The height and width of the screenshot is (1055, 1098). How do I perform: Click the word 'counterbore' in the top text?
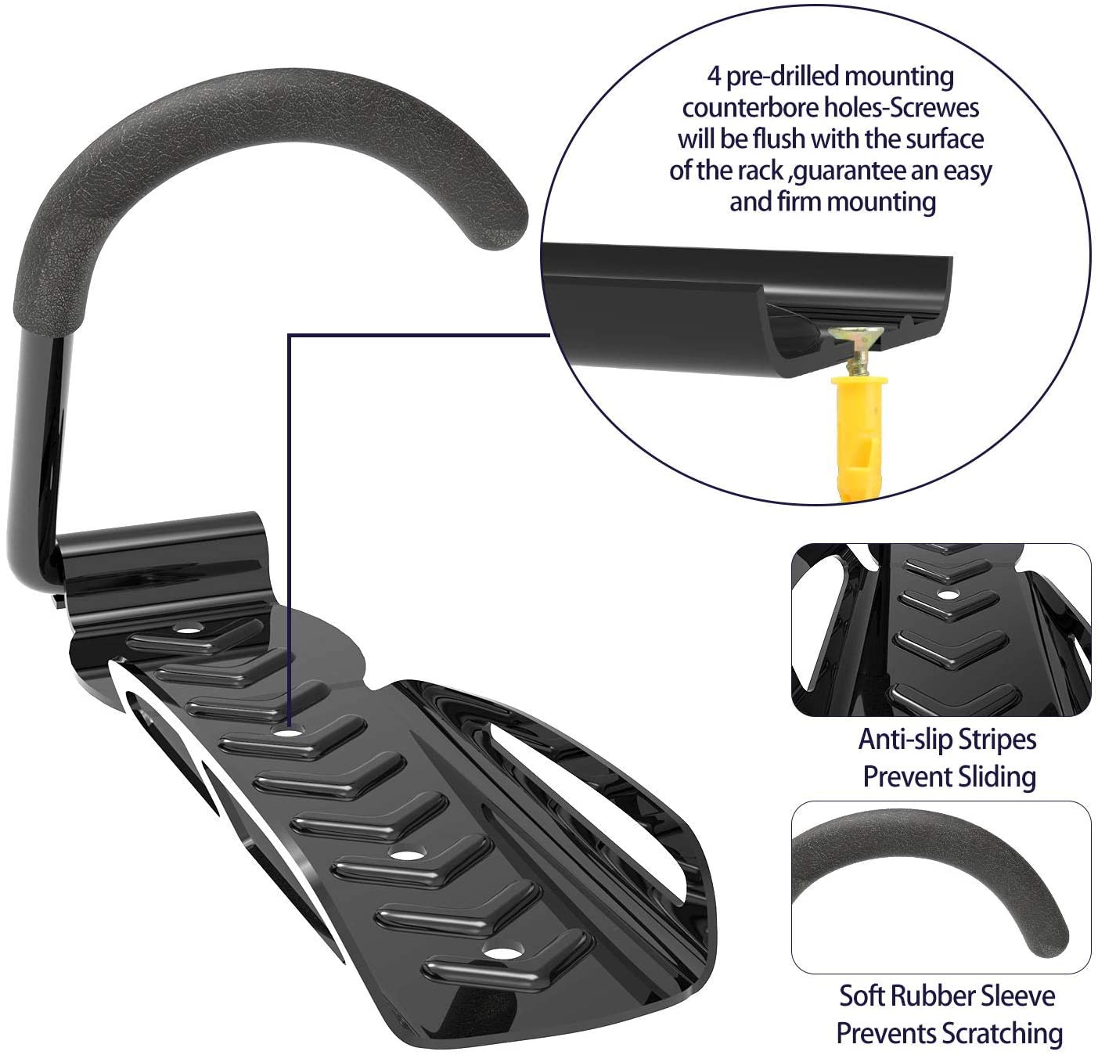coord(751,108)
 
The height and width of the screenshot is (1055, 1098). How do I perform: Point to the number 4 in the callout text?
coord(715,77)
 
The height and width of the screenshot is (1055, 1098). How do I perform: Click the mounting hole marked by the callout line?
coord(289,733)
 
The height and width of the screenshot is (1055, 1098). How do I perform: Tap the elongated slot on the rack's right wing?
coord(598,795)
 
